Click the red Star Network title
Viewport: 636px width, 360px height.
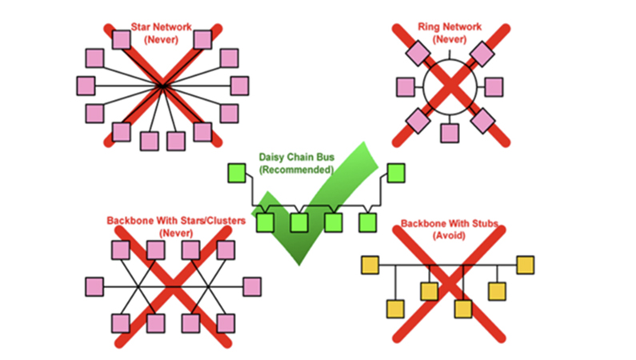click(161, 26)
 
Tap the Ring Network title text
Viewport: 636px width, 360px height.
click(450, 26)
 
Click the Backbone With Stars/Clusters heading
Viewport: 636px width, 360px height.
click(176, 221)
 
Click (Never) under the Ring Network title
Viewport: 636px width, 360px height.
click(450, 38)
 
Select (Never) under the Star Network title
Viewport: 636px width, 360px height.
click(161, 38)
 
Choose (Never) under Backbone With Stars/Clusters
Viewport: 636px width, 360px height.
click(176, 233)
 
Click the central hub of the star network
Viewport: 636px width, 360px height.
click(162, 85)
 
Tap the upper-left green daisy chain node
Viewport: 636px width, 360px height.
click(235, 172)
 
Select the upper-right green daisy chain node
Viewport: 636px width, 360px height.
click(396, 172)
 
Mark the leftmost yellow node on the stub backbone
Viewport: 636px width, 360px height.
click(370, 265)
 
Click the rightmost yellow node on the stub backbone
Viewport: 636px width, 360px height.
click(525, 265)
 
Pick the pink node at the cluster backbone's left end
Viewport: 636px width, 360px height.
click(94, 286)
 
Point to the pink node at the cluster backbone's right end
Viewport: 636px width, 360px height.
click(252, 286)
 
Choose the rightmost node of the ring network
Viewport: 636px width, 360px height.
click(494, 85)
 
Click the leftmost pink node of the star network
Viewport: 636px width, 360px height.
click(86, 85)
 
